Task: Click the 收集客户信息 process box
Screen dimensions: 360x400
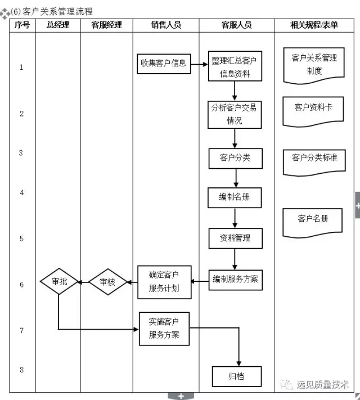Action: pos(164,64)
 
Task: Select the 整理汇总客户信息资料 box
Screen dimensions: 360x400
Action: pos(235,66)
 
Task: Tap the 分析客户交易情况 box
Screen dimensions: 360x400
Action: pos(235,115)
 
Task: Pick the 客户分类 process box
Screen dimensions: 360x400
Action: pos(236,159)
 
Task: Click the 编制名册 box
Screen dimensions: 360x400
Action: pos(235,197)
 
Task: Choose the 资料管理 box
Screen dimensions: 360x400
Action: pos(236,239)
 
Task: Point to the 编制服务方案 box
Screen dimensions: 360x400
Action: pos(236,280)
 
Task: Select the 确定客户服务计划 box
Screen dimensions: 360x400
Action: pos(164,282)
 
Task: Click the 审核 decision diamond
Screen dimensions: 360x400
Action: pos(108,282)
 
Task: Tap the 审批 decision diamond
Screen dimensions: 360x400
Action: pos(59,281)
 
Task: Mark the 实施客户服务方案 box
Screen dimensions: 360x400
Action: pos(164,329)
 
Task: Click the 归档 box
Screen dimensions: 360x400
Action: pos(237,376)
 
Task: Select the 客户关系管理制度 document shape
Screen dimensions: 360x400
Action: pos(314,66)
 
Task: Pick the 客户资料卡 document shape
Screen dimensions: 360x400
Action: pos(313,111)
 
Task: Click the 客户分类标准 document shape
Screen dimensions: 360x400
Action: pos(314,163)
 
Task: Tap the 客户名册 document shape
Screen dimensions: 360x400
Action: pos(312,223)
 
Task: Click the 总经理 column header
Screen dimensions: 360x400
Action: pos(58,25)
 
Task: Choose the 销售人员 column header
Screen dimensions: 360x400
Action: pos(166,25)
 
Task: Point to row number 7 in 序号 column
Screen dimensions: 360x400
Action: pos(22,331)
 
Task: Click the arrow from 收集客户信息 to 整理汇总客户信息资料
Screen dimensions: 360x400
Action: pos(200,64)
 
